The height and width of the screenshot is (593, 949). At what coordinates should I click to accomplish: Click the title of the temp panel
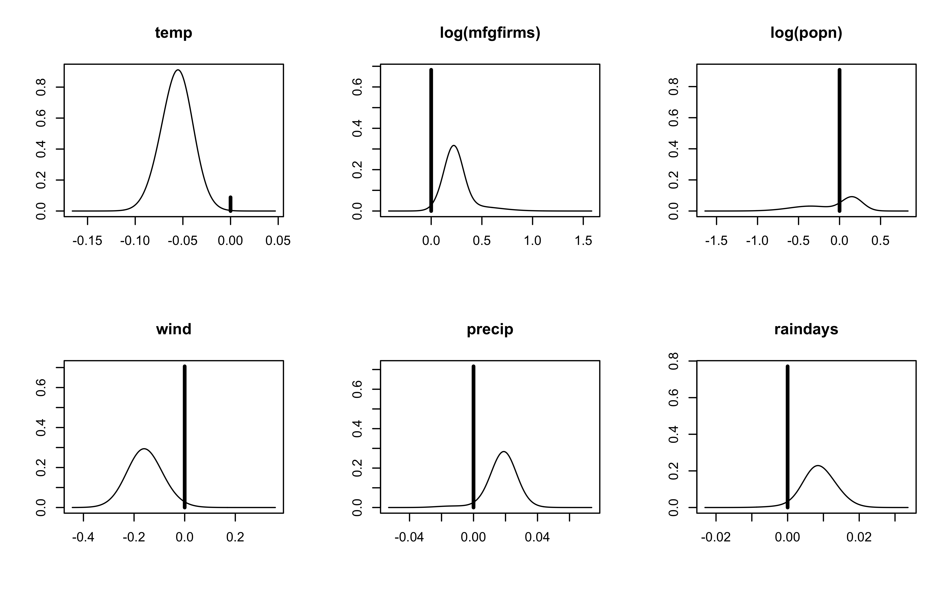coord(174,33)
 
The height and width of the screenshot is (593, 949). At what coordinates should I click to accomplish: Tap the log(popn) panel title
coord(806,33)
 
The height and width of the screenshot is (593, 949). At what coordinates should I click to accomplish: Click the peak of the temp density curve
coord(178,70)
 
